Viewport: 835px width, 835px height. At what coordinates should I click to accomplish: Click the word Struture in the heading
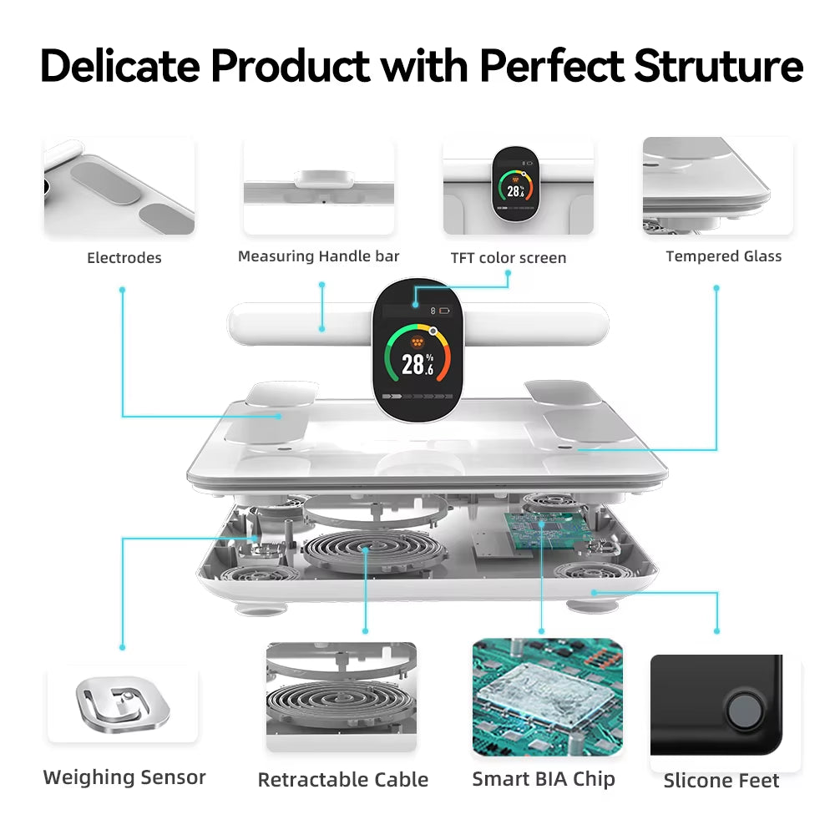(718, 67)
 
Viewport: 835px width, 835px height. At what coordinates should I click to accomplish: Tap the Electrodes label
(124, 258)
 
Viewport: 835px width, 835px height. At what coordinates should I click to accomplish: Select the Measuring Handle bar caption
(319, 256)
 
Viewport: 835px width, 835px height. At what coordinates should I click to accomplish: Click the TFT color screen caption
(509, 258)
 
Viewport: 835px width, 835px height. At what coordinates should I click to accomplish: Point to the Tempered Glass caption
(724, 256)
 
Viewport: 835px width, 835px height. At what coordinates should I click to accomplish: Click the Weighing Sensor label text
(124, 777)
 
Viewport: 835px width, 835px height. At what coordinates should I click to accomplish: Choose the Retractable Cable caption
(343, 780)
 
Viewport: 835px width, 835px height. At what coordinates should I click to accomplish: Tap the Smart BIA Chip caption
(544, 779)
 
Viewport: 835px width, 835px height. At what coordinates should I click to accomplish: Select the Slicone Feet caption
(721, 781)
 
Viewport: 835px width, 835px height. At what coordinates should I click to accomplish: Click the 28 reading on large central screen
(413, 364)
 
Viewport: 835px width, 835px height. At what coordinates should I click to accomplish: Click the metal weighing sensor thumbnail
(123, 701)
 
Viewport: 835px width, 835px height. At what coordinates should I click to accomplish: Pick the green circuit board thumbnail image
(548, 698)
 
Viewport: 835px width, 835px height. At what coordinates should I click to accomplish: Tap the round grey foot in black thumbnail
(741, 711)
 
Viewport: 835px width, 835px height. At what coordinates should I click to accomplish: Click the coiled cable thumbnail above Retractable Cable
(342, 698)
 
